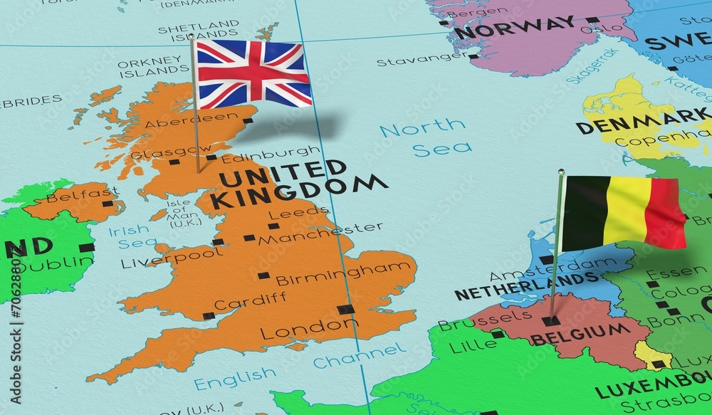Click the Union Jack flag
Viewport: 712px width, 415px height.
coord(253,73)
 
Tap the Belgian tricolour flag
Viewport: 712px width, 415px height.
coord(624,212)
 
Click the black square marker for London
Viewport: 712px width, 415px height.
coord(345,309)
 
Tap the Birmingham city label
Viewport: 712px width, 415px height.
coord(343,273)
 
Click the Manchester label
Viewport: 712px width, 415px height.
coord(320,233)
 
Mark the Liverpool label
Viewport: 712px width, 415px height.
coord(172,257)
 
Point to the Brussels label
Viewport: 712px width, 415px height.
coord(475,320)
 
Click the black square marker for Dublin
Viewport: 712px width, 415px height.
coord(86,248)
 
